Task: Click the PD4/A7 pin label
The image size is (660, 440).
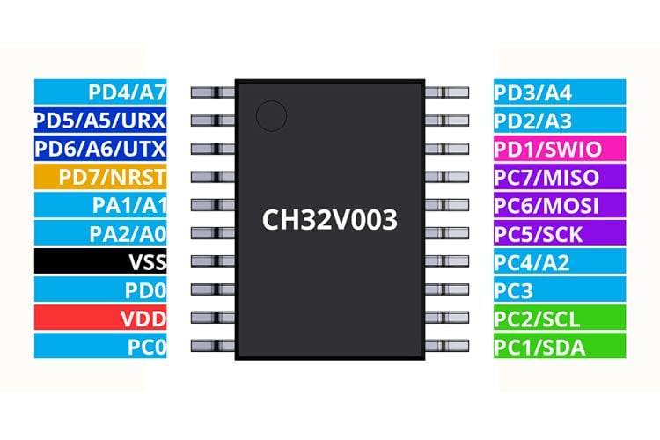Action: coord(100,92)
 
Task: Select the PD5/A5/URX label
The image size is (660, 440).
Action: coord(100,120)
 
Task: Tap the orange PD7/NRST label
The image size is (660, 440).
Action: coord(100,176)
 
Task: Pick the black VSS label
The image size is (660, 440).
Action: coord(100,261)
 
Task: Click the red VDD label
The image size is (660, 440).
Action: coord(100,318)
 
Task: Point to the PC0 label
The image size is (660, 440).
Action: coord(100,346)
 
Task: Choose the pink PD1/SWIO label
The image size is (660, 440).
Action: coord(560,148)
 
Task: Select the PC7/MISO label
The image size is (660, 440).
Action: coord(560,176)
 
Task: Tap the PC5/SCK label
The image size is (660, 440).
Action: coord(560,233)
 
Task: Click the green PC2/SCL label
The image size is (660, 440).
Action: coord(560,318)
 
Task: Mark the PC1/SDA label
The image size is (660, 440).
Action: coord(560,346)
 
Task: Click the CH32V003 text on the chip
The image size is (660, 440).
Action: coord(330,219)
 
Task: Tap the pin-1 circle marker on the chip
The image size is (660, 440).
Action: coord(272,116)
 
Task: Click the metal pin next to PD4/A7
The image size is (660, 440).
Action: coord(213,92)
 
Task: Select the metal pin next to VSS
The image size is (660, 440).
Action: coord(213,261)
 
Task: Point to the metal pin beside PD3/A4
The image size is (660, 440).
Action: coord(446,92)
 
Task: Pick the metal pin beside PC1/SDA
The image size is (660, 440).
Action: coord(446,346)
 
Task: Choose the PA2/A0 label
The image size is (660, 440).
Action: coord(100,233)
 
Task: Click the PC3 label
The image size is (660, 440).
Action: coord(560,290)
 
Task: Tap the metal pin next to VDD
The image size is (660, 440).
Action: coord(213,318)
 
